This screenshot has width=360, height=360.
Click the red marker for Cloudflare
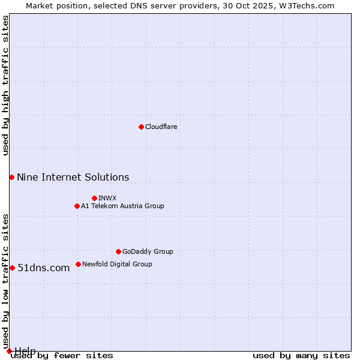pos(141,127)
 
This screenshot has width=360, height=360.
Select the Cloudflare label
pos(161,127)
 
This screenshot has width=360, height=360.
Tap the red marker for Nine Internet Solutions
pos(11,177)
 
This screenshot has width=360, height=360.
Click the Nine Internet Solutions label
pos(73,177)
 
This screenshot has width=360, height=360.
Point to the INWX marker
pos(94,198)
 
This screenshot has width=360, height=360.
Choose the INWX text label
pos(107,198)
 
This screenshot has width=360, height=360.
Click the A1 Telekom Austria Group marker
pos(77,206)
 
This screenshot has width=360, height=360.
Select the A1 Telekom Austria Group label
pos(122,206)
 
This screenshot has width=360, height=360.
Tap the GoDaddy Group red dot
pos(118,251)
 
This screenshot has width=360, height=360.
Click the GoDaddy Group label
pos(148,251)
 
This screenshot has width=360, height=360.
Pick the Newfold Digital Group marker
pos(78,264)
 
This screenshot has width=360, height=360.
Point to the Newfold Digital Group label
pos(117,264)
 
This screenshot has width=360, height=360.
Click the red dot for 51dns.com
pos(12,268)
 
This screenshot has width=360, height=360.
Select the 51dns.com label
pos(43,268)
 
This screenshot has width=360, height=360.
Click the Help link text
pos(25,350)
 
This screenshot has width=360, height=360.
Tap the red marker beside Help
pos(9,351)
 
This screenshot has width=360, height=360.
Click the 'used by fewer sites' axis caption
pos(62,356)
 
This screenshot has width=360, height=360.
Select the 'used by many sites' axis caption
pos(301,356)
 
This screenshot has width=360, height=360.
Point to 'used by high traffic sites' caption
pos(5,85)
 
